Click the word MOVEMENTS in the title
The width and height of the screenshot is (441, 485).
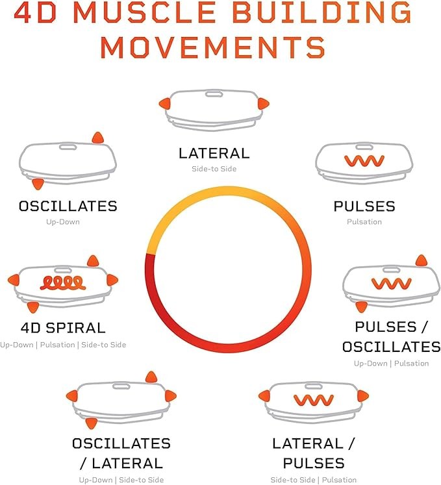(213, 47)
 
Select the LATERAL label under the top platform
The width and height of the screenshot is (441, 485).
(214, 153)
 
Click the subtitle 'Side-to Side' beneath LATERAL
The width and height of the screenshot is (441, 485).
(214, 169)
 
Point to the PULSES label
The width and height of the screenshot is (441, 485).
(364, 206)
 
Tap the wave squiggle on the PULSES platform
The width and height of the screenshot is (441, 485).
(364, 160)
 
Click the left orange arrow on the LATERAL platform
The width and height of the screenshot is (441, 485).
(164, 104)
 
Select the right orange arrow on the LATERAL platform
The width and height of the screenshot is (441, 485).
(263, 104)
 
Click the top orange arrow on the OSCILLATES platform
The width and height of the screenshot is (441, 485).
(98, 138)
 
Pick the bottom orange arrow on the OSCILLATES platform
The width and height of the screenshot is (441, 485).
(38, 184)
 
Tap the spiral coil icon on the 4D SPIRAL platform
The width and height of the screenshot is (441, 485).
(63, 282)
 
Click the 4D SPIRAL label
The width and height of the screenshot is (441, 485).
(63, 328)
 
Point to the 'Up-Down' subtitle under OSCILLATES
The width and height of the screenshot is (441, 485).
(63, 222)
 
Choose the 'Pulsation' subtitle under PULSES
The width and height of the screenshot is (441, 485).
(364, 222)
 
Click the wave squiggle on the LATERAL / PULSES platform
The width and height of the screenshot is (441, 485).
(314, 400)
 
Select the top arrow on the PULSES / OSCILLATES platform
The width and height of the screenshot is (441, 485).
(422, 260)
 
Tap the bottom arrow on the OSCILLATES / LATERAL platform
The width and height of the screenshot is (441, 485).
(92, 423)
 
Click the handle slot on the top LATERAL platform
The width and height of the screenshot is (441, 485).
(214, 93)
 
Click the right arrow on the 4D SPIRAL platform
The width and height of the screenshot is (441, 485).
(112, 280)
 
